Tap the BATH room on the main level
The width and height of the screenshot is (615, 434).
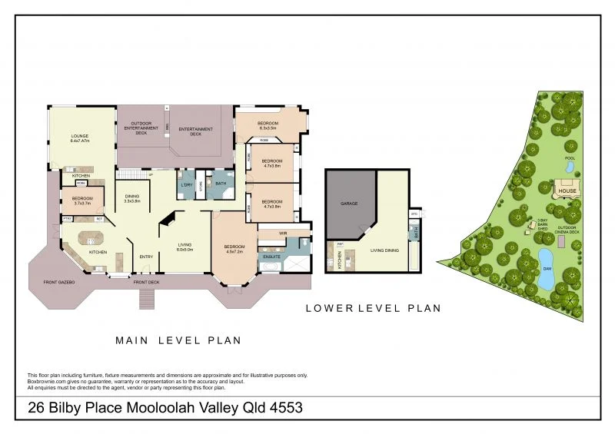tap(220, 184)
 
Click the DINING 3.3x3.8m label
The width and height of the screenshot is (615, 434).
tap(132, 198)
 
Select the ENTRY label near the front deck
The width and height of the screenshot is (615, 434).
tap(146, 257)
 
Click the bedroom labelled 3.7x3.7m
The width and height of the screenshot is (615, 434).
tap(82, 202)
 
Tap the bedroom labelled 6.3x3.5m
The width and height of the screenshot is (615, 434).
tap(268, 126)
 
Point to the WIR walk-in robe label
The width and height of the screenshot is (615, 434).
tap(283, 232)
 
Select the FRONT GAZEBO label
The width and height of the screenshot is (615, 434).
tap(54, 283)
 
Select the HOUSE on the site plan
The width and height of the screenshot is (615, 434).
tap(567, 190)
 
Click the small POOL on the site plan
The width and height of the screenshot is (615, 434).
tap(570, 165)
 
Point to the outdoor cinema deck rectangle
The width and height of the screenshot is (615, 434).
tap(561, 242)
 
